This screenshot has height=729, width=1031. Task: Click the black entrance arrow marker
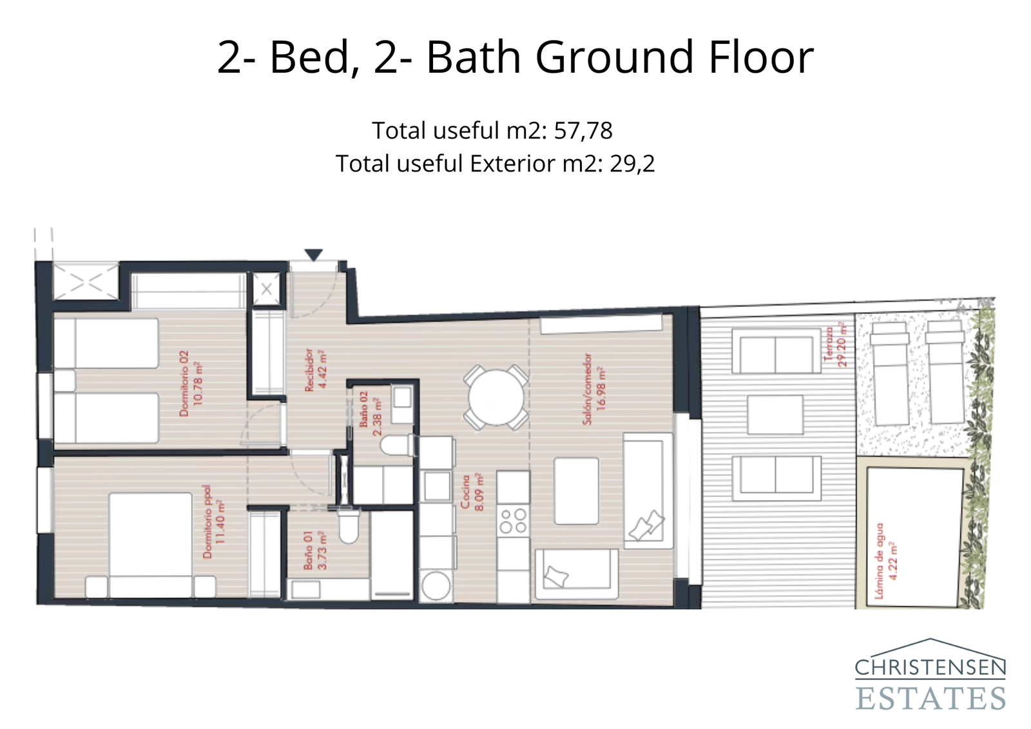[x=313, y=255]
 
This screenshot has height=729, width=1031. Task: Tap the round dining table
[x=496, y=398]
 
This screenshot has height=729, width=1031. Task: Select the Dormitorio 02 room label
[x=191, y=384]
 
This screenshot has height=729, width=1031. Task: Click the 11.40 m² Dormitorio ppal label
[x=214, y=521]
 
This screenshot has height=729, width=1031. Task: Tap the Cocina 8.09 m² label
[x=472, y=493]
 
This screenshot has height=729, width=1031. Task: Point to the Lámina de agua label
[x=886, y=561]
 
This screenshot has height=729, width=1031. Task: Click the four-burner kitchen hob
[x=514, y=521]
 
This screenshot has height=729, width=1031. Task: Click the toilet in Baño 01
[x=349, y=525]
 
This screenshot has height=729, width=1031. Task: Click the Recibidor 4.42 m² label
[x=315, y=370]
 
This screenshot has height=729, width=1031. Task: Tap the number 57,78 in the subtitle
[x=583, y=131]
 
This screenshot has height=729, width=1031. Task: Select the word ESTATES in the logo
[x=930, y=698]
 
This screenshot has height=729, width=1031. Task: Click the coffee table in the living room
[x=576, y=491]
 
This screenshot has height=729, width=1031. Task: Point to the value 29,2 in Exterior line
[x=632, y=164]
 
